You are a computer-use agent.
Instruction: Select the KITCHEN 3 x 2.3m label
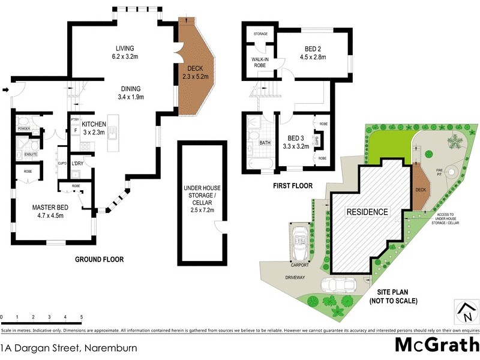pyautogui.click(x=94, y=124)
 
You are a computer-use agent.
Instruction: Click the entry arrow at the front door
pyautogui.click(x=6, y=91)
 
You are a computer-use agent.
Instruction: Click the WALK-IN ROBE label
pyautogui.click(x=259, y=63)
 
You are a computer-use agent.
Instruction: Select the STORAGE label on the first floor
pyautogui.click(x=259, y=34)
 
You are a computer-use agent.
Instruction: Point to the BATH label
pyautogui.click(x=265, y=143)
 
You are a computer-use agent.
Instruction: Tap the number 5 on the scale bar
pyautogui.click(x=81, y=317)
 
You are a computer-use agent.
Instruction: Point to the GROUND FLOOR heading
pyautogui.click(x=99, y=260)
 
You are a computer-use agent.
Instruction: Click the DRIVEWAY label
pyautogui.click(x=295, y=278)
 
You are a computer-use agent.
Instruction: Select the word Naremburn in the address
pyautogui.click(x=110, y=347)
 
